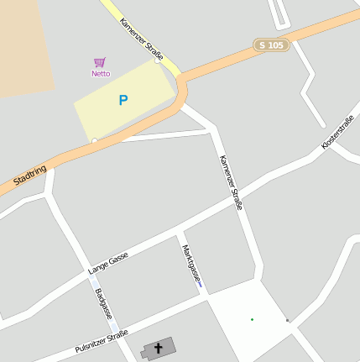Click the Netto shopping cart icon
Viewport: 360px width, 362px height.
[x=100, y=63]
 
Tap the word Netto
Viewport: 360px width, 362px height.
[x=101, y=74]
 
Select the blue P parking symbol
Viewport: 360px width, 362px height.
[x=123, y=101]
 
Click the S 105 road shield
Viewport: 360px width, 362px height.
[x=272, y=45]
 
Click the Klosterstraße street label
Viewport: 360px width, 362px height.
[x=337, y=133]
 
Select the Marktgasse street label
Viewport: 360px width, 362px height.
[x=191, y=263]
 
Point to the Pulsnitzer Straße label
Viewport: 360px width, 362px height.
[x=101, y=342]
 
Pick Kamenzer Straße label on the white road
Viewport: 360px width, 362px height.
[x=230, y=182]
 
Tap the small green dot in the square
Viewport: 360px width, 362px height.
[x=252, y=319]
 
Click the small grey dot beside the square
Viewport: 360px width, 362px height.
[x=287, y=320]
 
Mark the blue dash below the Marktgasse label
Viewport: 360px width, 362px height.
[x=200, y=286]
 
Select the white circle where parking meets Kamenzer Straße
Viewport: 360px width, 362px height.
[x=158, y=60]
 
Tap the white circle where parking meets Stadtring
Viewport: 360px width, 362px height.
[x=95, y=140]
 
